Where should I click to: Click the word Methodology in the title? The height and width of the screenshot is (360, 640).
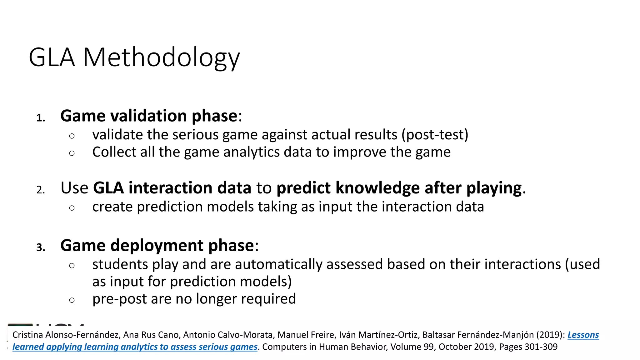[161, 58]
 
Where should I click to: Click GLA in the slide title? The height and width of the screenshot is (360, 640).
[52, 58]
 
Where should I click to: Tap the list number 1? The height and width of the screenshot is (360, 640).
[41, 118]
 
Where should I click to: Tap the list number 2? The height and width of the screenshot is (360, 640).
[41, 190]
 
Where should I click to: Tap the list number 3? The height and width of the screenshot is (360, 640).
[41, 247]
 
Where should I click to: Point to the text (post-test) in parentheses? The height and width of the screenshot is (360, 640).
[435, 135]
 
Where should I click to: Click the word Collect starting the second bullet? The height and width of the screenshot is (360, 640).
[114, 152]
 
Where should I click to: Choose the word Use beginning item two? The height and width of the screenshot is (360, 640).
[74, 188]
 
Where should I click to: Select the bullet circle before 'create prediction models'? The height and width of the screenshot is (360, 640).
[72, 208]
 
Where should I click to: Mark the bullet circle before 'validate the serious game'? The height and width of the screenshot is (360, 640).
[72, 136]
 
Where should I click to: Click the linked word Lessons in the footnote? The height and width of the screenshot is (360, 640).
[583, 335]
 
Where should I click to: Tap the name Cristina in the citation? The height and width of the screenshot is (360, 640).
[27, 335]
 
